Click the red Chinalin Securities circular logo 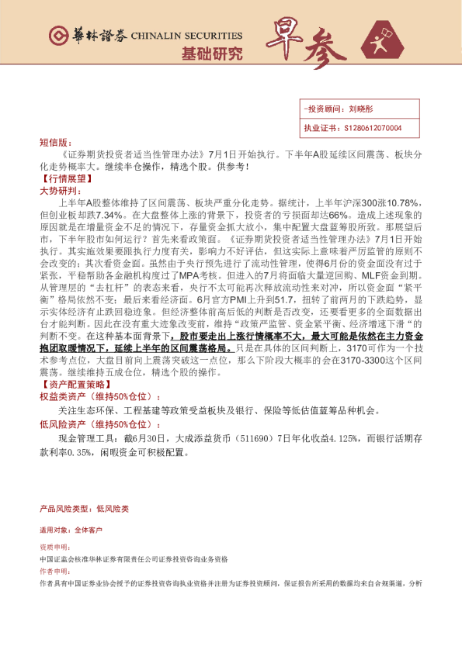coord(57,36)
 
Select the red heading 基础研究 coord(211,54)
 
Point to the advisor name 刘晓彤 coord(361,109)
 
